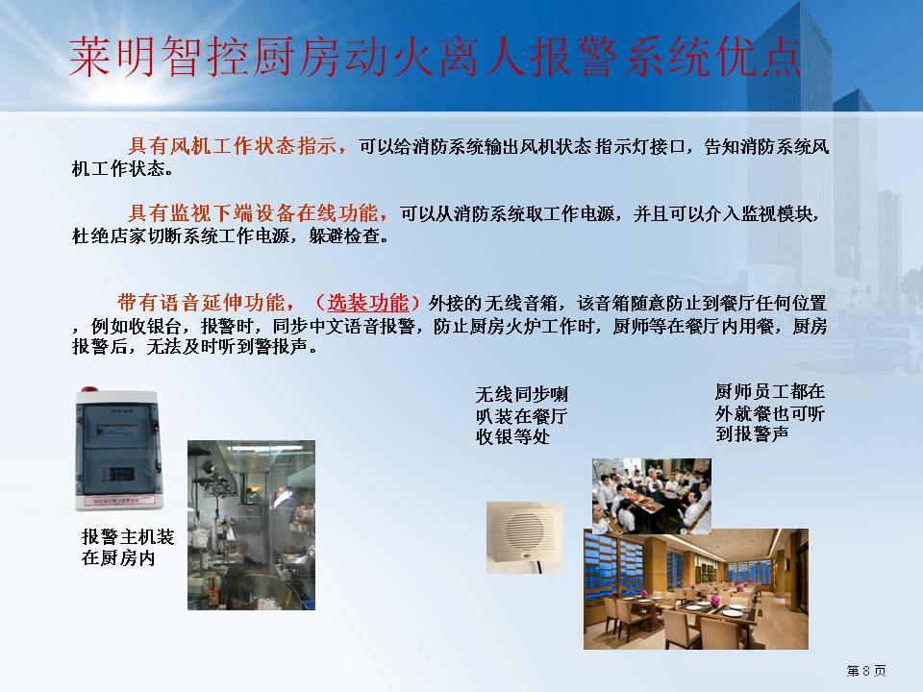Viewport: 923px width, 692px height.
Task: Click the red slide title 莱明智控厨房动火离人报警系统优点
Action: pos(435,57)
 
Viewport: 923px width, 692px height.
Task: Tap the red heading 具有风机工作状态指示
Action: pos(232,145)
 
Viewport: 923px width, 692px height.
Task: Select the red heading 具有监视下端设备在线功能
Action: pos(253,213)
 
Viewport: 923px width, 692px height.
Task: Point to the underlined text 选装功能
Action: pos(367,303)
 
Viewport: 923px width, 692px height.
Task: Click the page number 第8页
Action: pos(866,671)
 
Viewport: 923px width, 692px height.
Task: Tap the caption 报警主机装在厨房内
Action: pos(128,547)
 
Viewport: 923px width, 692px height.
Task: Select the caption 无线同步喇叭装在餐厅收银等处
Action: pos(521,415)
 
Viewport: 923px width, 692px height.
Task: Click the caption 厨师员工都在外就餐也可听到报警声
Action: pos(770,412)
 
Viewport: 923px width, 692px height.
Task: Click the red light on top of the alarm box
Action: pos(89,389)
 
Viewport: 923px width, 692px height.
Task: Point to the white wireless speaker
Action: pos(525,537)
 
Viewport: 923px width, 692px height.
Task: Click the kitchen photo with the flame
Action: pos(251,525)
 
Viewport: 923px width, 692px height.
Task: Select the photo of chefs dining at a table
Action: pos(652,496)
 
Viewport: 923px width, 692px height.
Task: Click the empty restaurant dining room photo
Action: pos(696,589)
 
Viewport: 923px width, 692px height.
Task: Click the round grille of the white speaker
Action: pos(526,531)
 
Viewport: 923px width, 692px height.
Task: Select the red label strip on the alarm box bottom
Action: pos(119,501)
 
